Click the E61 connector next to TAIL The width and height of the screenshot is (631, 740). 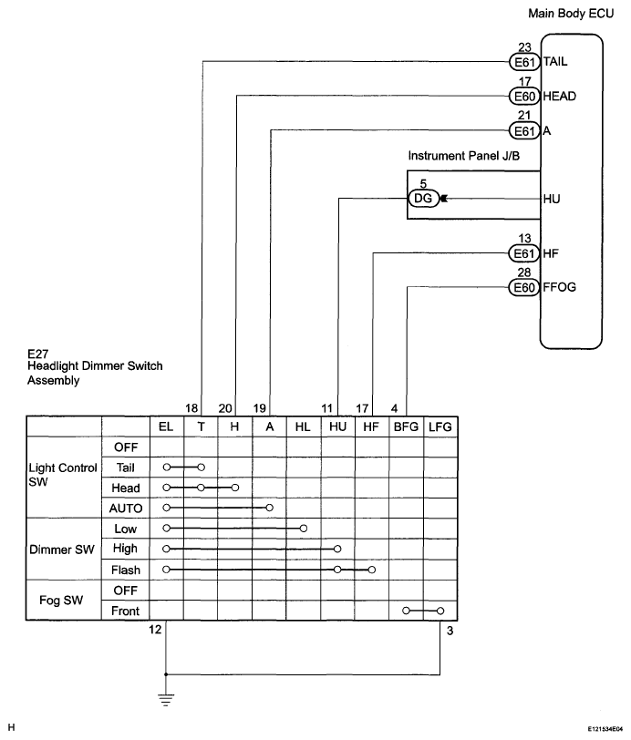point(524,63)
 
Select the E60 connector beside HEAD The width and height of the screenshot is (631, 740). point(524,96)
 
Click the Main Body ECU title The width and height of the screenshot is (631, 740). point(574,15)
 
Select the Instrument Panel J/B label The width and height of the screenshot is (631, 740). point(464,156)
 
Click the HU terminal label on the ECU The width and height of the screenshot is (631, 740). point(552,198)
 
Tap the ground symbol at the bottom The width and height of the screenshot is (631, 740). point(165,698)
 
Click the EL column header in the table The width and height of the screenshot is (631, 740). point(165,427)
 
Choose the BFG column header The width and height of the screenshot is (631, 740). point(406,427)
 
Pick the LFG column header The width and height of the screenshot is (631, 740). point(440,427)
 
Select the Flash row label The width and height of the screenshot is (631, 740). point(125,570)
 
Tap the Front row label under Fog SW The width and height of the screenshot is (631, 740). point(125,611)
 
